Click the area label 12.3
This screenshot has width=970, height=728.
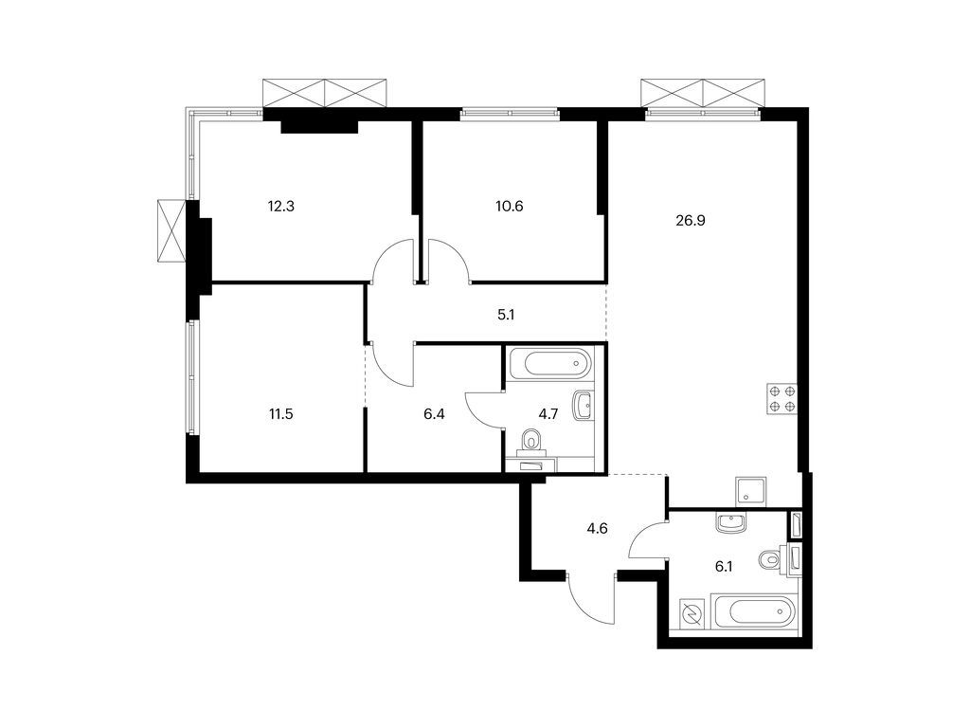[x=282, y=205]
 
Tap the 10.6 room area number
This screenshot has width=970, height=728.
[x=509, y=205]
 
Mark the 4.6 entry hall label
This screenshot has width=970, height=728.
[x=597, y=529]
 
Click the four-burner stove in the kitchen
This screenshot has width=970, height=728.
[x=782, y=398]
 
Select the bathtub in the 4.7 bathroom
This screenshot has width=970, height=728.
[x=550, y=363]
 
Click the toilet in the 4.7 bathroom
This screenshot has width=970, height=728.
[x=533, y=440]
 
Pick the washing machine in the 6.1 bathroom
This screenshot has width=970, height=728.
[x=691, y=615]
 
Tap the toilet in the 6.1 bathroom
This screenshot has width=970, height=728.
[x=771, y=560]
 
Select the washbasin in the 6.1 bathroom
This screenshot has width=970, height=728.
[x=731, y=521]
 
